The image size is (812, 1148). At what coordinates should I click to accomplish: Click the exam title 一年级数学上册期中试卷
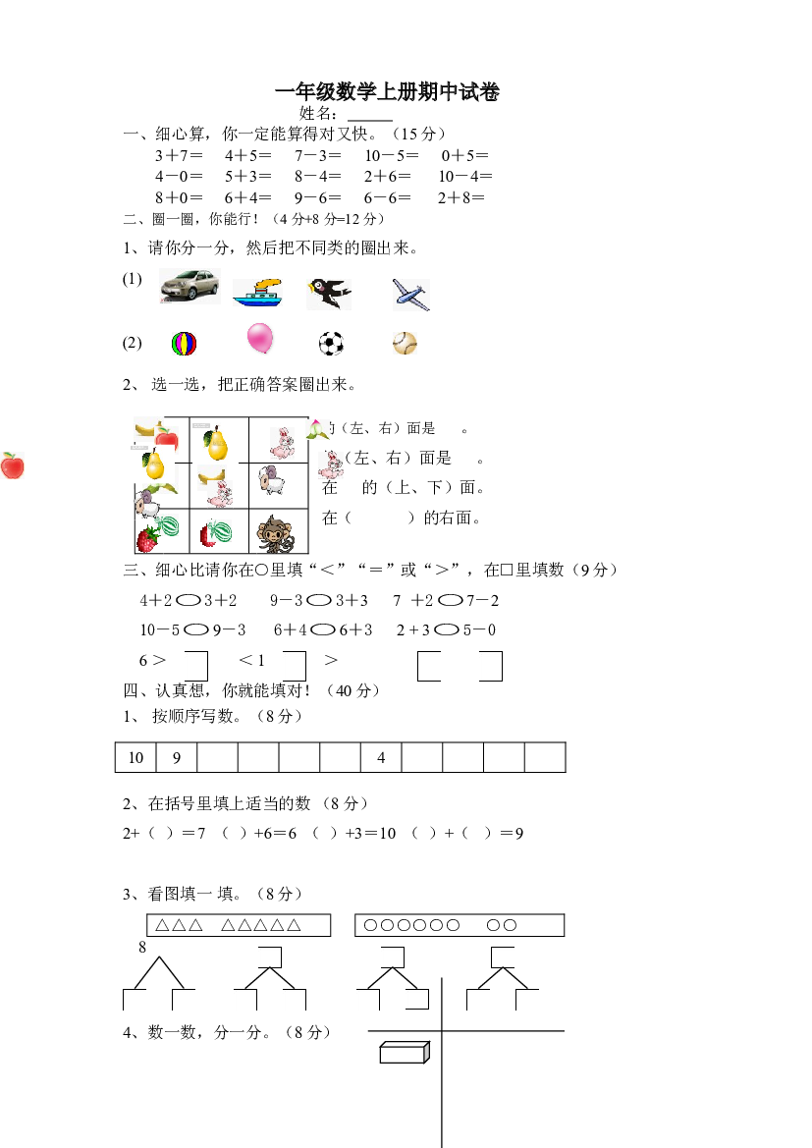click(387, 91)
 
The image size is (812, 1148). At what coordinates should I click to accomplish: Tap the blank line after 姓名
click(370, 120)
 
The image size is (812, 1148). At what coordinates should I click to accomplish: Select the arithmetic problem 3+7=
click(179, 155)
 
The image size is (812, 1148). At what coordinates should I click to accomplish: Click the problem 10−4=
click(465, 177)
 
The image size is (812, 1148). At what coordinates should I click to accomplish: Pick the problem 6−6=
click(387, 197)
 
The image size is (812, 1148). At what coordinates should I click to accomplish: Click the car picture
click(189, 286)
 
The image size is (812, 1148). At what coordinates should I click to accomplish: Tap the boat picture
click(257, 293)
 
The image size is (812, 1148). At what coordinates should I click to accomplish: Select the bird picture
click(330, 293)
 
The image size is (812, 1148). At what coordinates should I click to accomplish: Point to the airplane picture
click(410, 295)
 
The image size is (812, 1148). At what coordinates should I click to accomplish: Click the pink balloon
click(260, 338)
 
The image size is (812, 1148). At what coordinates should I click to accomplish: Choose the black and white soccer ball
click(331, 344)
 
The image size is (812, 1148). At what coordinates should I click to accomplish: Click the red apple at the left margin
click(13, 465)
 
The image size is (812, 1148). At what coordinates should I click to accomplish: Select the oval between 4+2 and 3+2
click(189, 600)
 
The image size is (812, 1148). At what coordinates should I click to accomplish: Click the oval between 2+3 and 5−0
click(447, 629)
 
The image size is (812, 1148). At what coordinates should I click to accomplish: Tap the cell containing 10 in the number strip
click(135, 757)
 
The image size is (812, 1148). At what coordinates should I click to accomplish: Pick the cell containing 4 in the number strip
click(381, 757)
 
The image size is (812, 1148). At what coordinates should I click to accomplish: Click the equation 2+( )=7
click(164, 833)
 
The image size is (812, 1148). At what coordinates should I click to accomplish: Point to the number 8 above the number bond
click(142, 947)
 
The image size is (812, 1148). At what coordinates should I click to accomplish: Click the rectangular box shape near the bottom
click(405, 1052)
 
